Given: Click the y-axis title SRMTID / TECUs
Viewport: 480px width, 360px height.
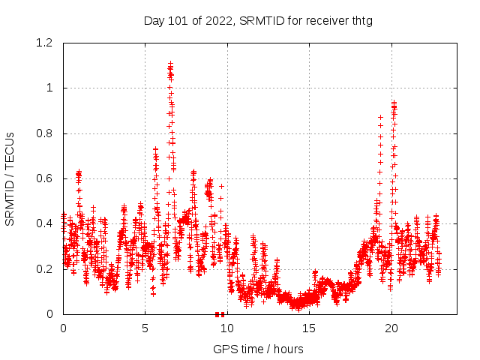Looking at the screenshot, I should (x=10, y=178).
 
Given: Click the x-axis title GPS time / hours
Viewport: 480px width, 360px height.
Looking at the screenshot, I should (x=258, y=349).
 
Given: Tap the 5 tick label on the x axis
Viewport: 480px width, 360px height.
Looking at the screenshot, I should (x=145, y=328).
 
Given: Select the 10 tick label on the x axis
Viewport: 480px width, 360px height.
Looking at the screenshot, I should (x=226, y=328).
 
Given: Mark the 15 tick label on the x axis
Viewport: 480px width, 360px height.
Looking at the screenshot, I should (x=308, y=328).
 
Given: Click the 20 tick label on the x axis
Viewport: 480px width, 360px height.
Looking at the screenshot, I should (x=391, y=328).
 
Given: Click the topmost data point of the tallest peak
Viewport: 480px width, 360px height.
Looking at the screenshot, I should (x=170, y=64).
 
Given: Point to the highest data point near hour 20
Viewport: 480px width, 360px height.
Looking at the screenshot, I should (x=394, y=103).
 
